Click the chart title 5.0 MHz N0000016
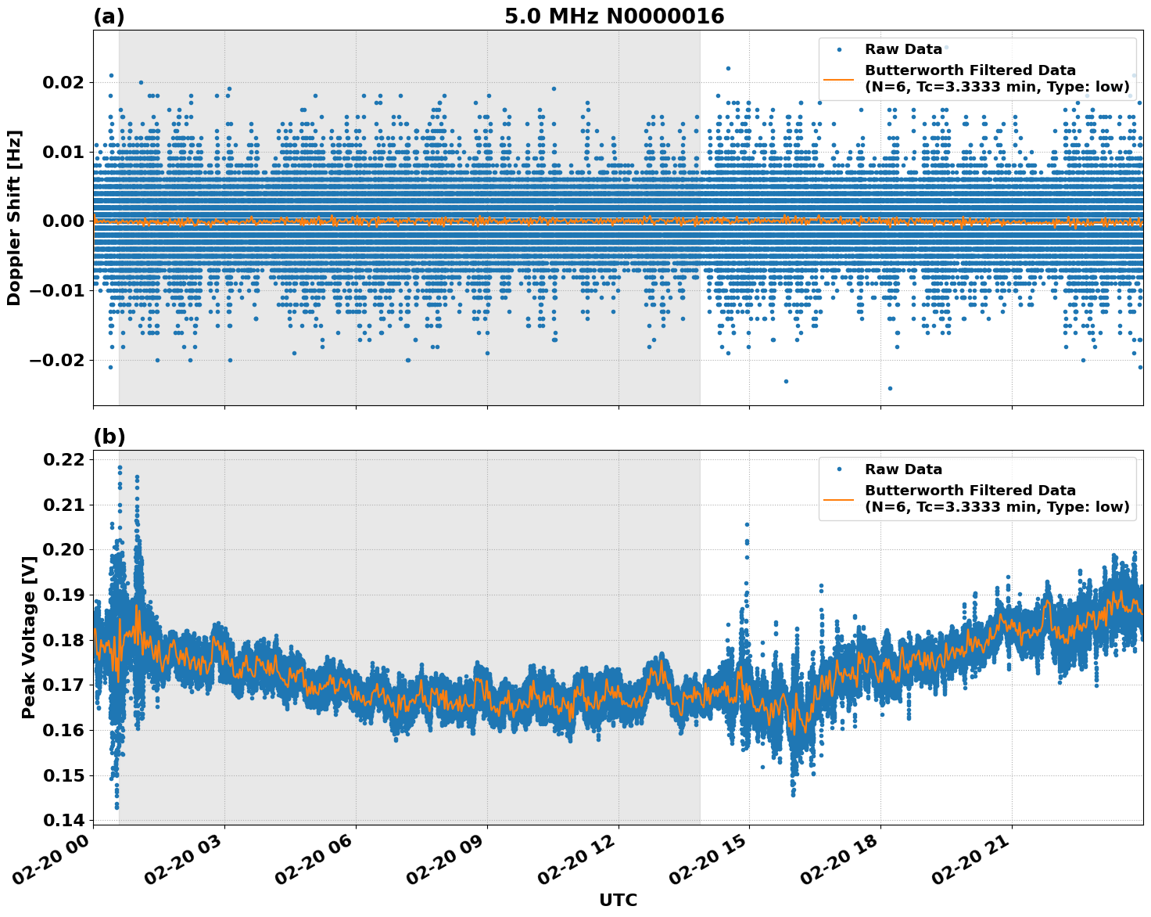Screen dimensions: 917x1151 (x=614, y=16)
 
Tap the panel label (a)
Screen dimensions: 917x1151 (x=109, y=16)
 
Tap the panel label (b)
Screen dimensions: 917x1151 (x=109, y=437)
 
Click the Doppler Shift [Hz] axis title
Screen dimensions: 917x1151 (x=14, y=218)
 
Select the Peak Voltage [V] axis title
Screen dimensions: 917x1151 (x=29, y=637)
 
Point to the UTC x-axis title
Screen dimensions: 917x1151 (x=618, y=900)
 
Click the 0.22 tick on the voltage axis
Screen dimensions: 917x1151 (x=66, y=459)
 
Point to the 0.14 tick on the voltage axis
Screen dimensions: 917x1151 (x=66, y=820)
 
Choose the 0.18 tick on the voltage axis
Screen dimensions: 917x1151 (x=66, y=640)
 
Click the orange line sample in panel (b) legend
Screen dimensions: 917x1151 (x=839, y=498)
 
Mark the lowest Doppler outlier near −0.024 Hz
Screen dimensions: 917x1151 (x=889, y=388)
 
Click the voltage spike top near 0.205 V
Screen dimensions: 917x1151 (x=747, y=524)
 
